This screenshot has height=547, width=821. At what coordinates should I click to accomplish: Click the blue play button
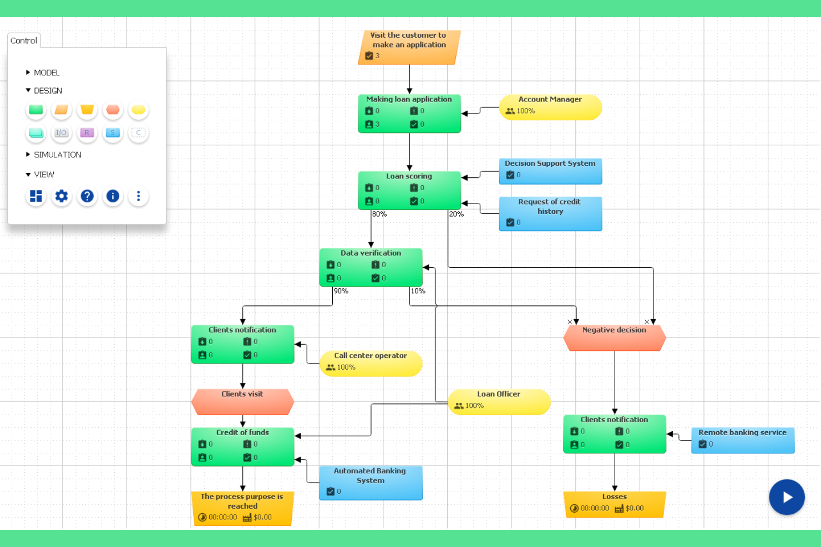(786, 497)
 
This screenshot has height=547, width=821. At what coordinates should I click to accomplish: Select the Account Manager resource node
(550, 107)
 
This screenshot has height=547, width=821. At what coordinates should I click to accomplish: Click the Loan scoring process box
(409, 190)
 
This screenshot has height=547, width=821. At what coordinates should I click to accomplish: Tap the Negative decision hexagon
(614, 338)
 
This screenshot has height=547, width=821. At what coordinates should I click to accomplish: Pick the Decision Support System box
(550, 171)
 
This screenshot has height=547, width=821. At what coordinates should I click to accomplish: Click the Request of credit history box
(550, 213)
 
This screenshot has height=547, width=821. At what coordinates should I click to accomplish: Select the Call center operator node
(371, 363)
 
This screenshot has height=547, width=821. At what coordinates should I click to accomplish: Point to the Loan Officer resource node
(498, 401)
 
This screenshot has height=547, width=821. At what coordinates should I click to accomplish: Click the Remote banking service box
(742, 440)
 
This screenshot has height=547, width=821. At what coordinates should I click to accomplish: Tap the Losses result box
(614, 504)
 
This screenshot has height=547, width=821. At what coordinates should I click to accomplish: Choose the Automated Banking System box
(370, 483)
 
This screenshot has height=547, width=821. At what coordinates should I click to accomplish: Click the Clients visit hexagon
(242, 401)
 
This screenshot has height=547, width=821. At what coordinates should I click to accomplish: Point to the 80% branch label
(379, 214)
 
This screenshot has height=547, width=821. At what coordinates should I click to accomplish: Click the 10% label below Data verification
(418, 291)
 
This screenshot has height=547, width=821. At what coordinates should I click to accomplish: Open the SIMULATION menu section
(57, 155)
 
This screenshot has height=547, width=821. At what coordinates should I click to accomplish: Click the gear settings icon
(62, 196)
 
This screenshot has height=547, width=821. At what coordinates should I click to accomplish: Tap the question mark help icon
(87, 196)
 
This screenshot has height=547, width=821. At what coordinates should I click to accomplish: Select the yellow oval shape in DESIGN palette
(138, 110)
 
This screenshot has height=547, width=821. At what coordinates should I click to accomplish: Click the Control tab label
(24, 40)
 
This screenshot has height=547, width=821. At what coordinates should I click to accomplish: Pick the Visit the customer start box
(409, 47)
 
